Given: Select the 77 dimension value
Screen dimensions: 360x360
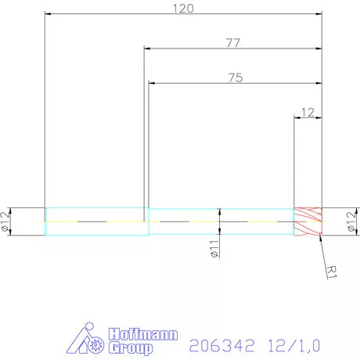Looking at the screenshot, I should click(233, 43).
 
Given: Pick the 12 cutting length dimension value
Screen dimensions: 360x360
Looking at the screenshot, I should click(307, 112).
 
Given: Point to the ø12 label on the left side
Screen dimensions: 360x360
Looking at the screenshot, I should click(7, 222).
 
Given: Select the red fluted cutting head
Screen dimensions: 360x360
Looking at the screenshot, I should click(308, 221).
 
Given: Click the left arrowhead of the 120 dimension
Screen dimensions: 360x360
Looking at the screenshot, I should click(48, 14).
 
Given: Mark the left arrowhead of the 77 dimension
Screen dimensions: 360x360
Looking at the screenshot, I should click(148, 49).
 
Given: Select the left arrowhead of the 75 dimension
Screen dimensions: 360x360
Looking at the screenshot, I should click(151, 83).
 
